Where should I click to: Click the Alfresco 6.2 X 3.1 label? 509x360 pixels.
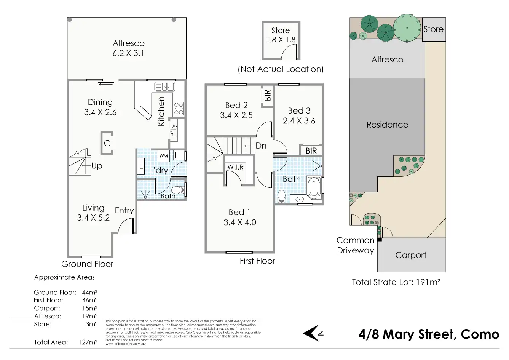(x=128, y=48)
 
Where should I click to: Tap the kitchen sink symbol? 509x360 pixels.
(x=164, y=86)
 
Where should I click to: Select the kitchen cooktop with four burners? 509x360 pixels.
(x=179, y=109)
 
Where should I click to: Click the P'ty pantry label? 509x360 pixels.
(x=174, y=130)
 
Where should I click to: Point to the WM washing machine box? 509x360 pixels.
(x=163, y=156)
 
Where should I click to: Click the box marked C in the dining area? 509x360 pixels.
(x=107, y=143)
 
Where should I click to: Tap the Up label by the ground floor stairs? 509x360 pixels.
(x=97, y=166)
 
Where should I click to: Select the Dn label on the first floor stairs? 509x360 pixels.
(x=261, y=146)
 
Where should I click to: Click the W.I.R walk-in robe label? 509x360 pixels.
(x=235, y=167)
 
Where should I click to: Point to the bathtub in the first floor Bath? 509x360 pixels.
(x=314, y=187)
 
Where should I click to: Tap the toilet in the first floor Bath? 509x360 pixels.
(x=282, y=196)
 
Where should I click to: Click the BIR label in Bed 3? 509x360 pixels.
(x=311, y=150)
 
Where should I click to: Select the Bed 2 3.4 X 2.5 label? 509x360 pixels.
(x=236, y=110)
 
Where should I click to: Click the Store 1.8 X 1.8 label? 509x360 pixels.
(x=281, y=35)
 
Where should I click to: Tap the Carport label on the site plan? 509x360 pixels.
(x=411, y=255)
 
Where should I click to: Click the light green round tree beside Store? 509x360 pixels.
(x=407, y=28)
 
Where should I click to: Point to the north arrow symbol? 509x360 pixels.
(x=313, y=333)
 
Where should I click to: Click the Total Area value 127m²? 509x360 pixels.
(x=88, y=342)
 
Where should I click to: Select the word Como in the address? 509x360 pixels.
(x=480, y=334)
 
